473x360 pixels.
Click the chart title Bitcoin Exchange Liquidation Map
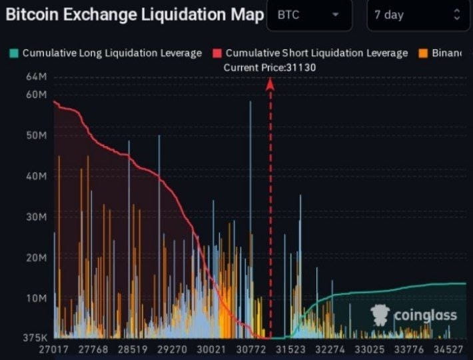(x=134, y=15)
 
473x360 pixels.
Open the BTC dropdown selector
(x=309, y=15)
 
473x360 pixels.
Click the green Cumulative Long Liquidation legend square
(x=14, y=53)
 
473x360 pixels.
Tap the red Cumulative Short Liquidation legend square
(x=217, y=53)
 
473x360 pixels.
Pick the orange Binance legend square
(x=422, y=53)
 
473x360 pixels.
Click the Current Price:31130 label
(x=269, y=67)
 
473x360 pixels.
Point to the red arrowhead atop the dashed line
(x=270, y=83)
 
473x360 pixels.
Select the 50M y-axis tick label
(x=37, y=135)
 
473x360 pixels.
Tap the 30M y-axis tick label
(x=37, y=217)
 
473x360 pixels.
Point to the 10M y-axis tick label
(x=37, y=297)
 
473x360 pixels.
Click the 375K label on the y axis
(x=35, y=337)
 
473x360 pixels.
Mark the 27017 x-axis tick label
(x=53, y=349)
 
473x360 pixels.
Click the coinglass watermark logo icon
(x=380, y=315)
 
